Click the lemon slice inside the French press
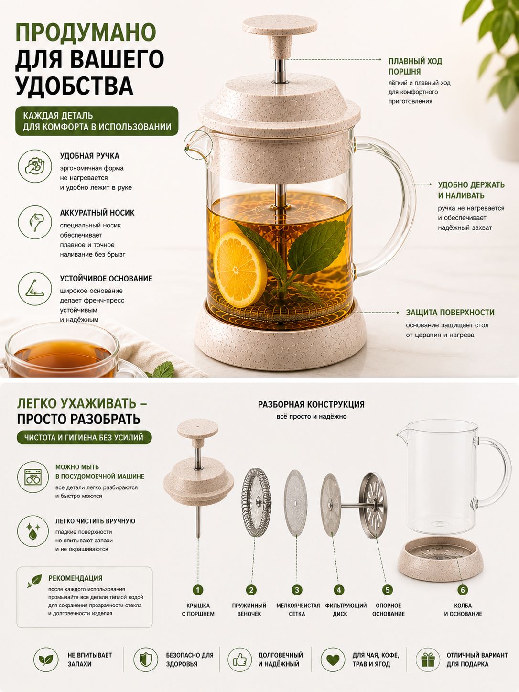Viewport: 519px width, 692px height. [240, 270]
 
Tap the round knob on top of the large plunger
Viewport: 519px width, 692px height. [280, 25]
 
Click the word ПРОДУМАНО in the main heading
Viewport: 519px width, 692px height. [86, 32]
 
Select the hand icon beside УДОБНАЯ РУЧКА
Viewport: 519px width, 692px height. [35, 166]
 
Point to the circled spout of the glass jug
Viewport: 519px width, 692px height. [198, 145]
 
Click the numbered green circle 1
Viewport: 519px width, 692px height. [198, 590]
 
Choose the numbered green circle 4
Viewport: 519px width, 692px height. [339, 590]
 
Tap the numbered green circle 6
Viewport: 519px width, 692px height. [463, 590]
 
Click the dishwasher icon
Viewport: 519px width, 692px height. [33, 477]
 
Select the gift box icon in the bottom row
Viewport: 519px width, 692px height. [428, 660]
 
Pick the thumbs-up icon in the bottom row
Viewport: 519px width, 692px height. [240, 660]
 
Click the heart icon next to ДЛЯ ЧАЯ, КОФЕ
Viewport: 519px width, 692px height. [333, 660]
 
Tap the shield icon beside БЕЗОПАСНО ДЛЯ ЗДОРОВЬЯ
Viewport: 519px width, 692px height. [146, 660]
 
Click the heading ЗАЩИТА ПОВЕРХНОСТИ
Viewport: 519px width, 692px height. [450, 313]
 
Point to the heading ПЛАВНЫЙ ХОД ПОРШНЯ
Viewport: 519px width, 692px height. [415, 66]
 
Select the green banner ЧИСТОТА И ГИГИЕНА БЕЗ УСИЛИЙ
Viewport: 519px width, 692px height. [84, 438]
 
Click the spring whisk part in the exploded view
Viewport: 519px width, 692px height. [256, 503]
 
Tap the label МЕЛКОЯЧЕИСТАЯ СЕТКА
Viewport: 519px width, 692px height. [298, 610]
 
